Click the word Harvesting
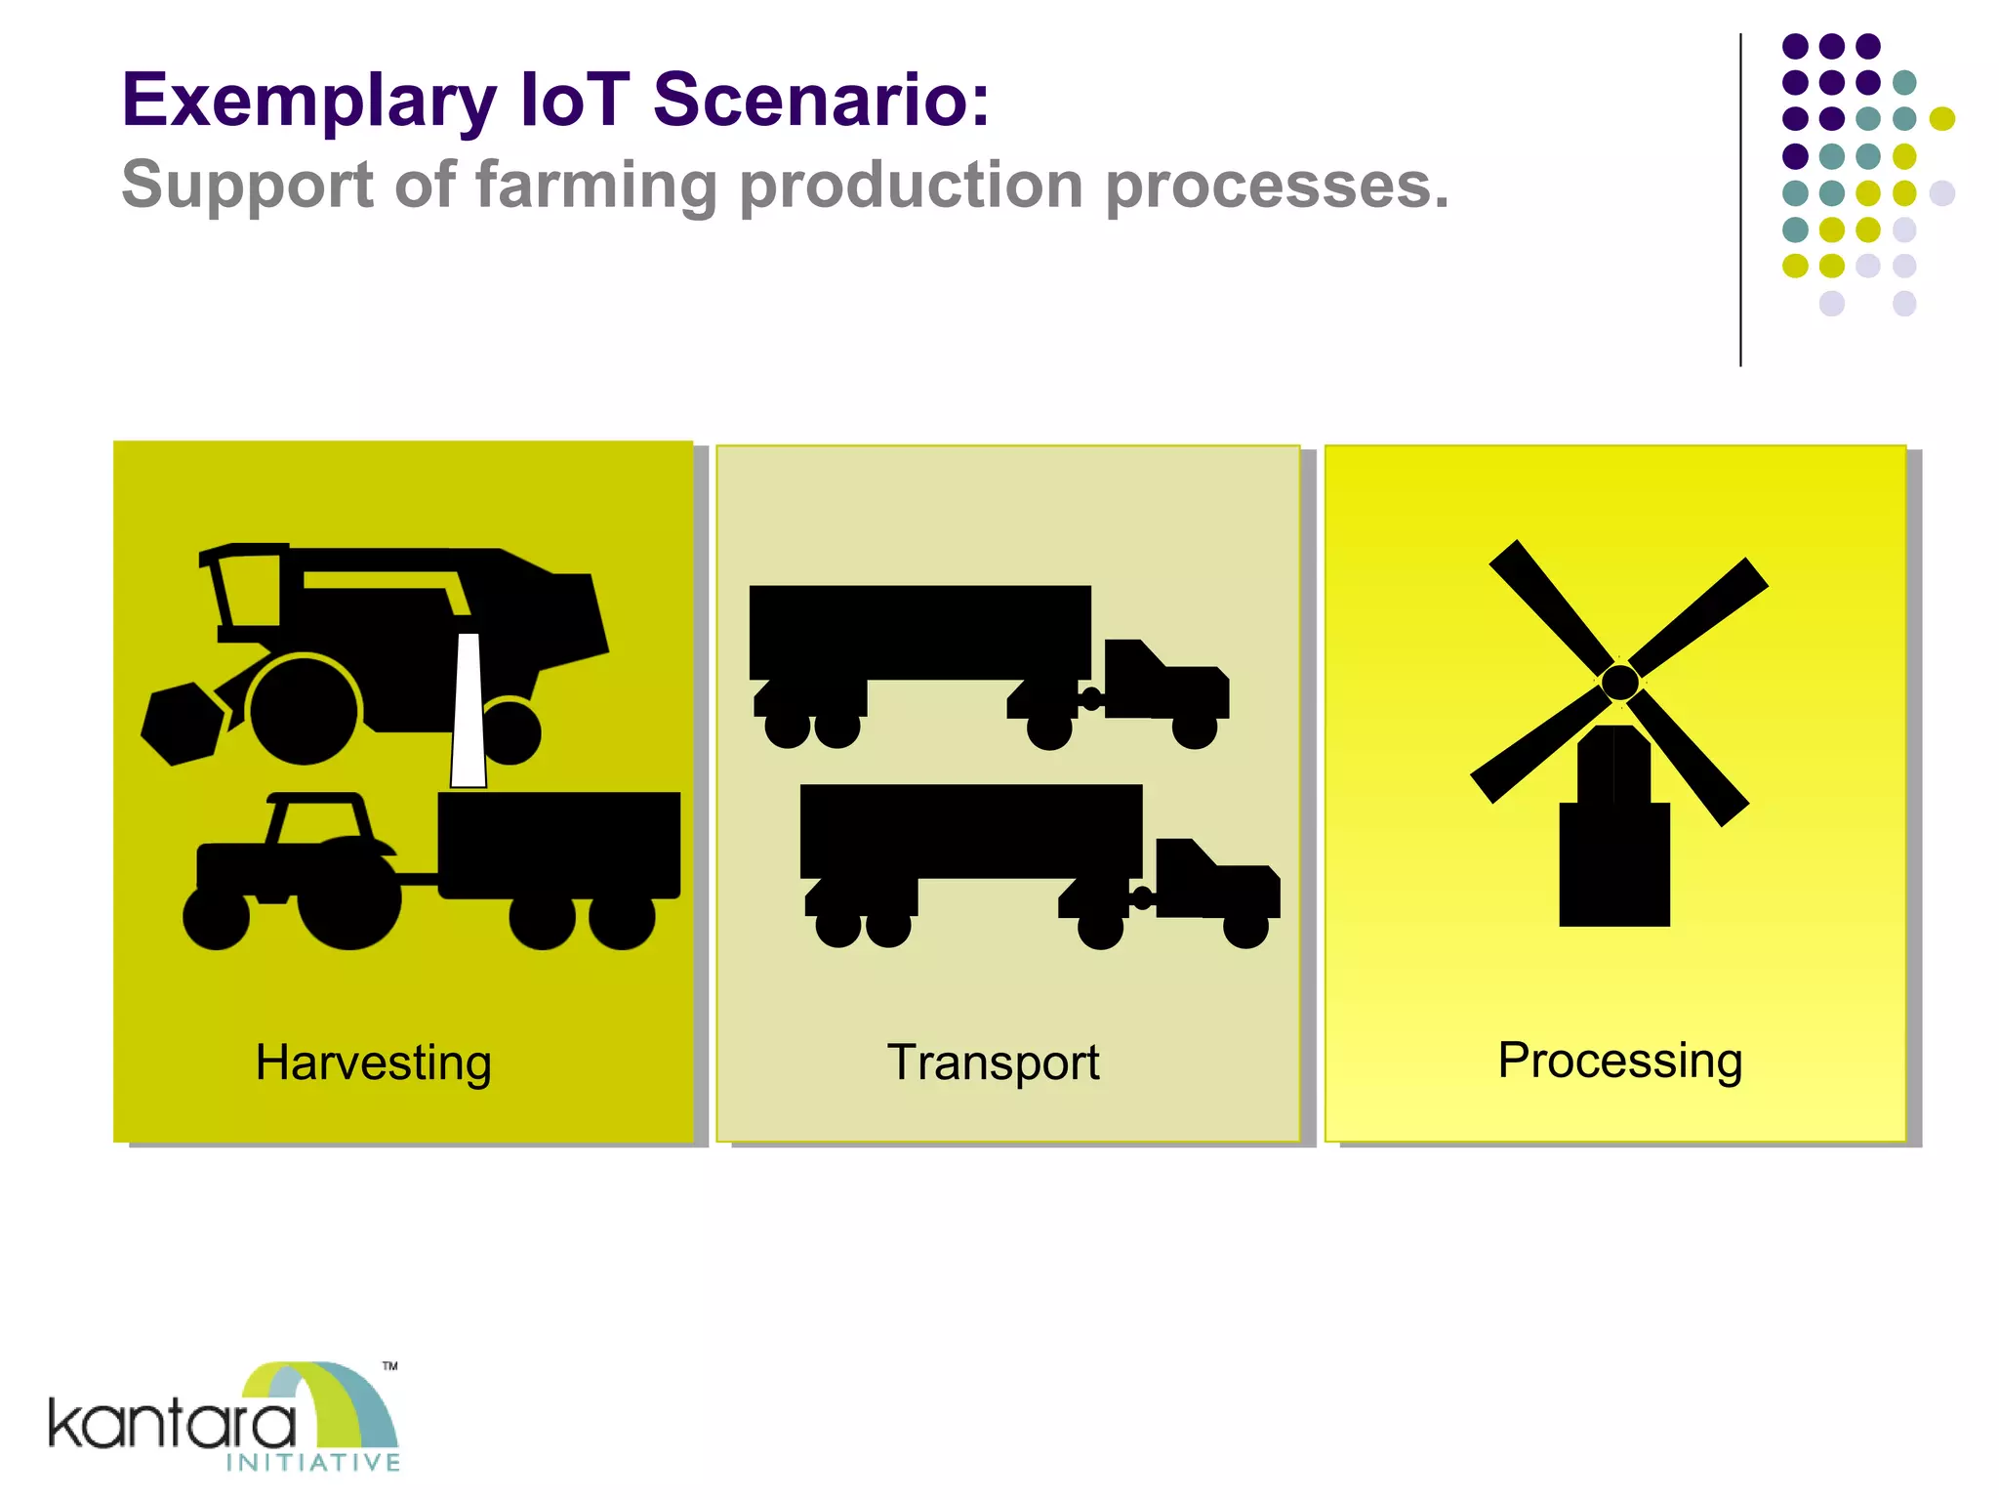tap(373, 1062)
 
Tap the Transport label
tap(993, 1062)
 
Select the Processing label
tap(1619, 1061)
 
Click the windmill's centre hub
tap(1619, 682)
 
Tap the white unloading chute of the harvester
tap(469, 713)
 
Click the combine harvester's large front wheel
tap(304, 710)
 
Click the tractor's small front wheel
tap(216, 918)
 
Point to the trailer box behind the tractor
tap(558, 844)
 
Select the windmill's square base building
tap(1614, 863)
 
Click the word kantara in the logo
tap(172, 1425)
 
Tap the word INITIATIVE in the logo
tap(312, 1462)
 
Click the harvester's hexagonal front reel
tap(182, 723)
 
